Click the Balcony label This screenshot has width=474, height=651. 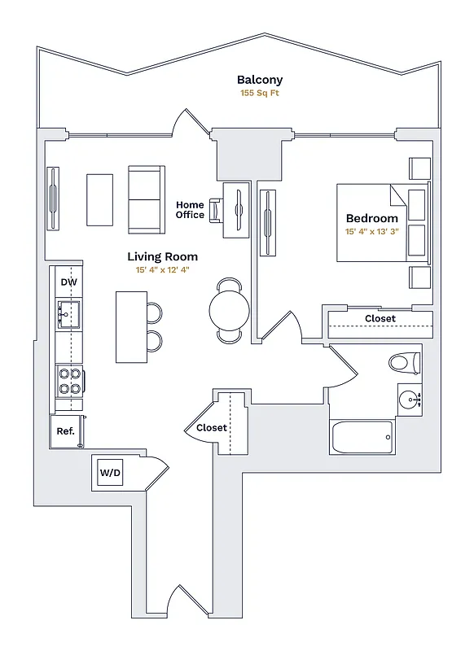pos(260,80)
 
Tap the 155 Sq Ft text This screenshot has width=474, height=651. pos(260,94)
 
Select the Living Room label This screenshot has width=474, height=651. pos(162,256)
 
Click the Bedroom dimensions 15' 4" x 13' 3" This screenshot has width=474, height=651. pos(372,232)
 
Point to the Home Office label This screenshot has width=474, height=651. pos(190,210)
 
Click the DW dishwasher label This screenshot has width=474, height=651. pos(68,282)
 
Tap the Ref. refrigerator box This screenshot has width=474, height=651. pos(66,431)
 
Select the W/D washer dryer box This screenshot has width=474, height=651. pos(110,473)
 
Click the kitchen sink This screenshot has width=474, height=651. pos(68,313)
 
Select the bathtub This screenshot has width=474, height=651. pos(362,437)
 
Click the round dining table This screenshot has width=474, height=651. pos(230,308)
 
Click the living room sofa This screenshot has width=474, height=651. pos(147,199)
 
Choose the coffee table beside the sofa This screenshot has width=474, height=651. pos(100,200)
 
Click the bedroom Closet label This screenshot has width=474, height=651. pos(380,318)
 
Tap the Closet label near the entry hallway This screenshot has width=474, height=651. pos(211,427)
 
